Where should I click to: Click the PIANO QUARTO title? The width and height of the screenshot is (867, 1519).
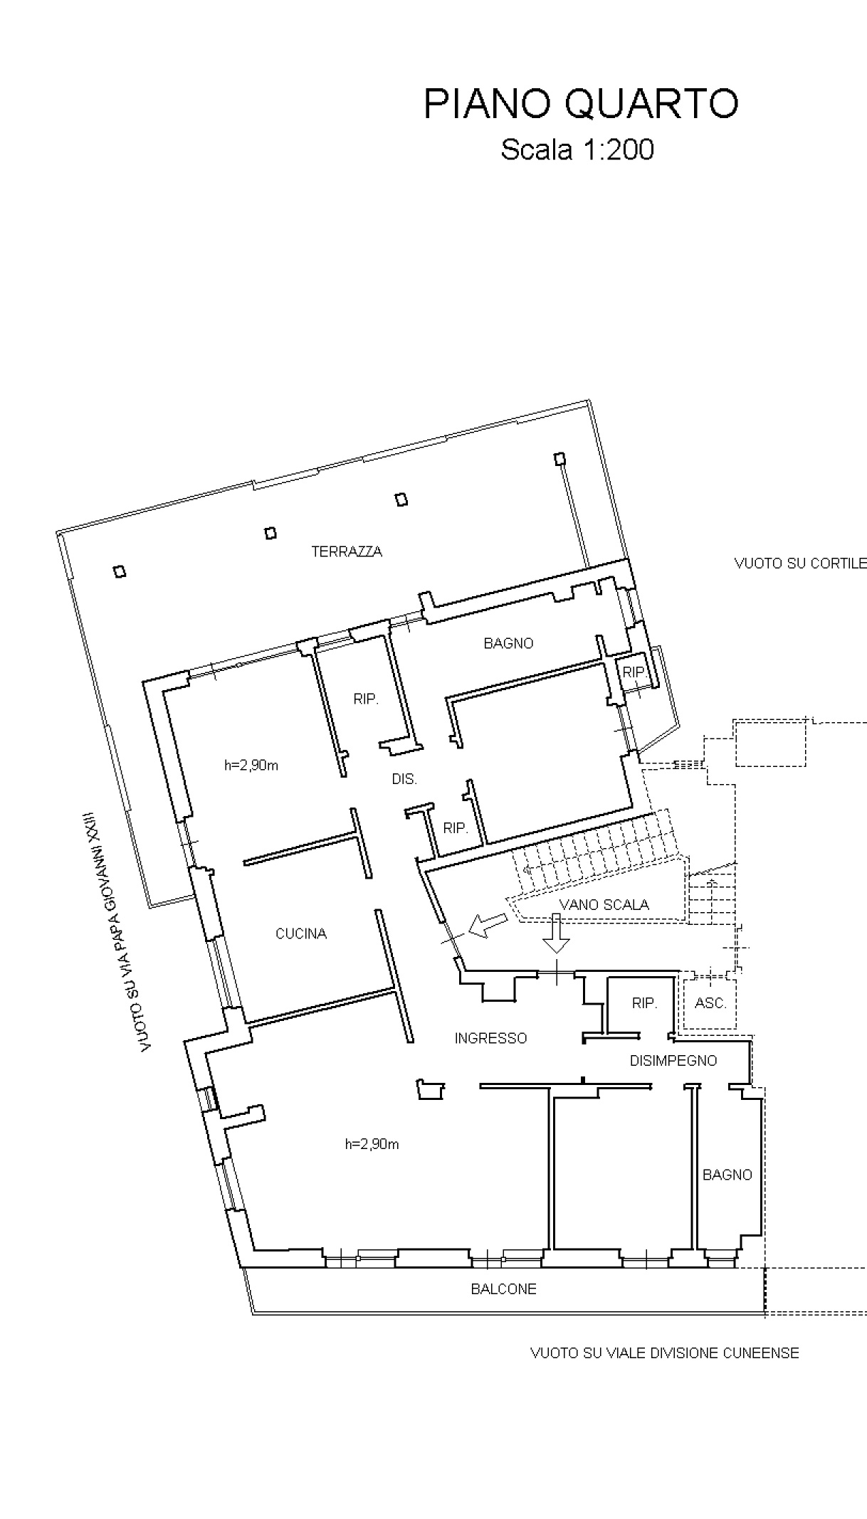581,105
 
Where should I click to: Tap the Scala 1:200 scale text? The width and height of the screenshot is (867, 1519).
577,150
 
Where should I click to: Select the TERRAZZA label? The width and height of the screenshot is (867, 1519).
347,551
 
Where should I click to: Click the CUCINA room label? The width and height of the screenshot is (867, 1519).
301,933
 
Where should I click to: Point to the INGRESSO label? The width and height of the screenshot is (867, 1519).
491,1038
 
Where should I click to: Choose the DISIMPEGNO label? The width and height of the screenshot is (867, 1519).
673,1060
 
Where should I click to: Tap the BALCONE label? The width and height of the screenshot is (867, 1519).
504,1288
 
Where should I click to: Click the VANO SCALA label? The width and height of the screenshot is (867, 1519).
604,905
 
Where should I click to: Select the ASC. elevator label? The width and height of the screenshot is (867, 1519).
710,1003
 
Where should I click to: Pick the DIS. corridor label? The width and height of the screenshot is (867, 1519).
404,779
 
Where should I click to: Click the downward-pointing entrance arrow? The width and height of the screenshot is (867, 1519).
557,932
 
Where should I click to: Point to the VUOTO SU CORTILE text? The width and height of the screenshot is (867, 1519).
801,563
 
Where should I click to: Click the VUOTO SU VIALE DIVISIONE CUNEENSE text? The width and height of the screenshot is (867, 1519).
665,1353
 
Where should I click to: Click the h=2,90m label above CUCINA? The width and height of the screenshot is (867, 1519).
251,766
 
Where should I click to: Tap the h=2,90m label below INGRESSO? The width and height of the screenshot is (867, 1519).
372,1144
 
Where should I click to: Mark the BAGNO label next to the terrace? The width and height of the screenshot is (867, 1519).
508,643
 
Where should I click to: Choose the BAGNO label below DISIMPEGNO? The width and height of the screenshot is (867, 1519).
727,1175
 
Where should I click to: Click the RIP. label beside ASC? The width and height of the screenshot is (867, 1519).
644,1003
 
